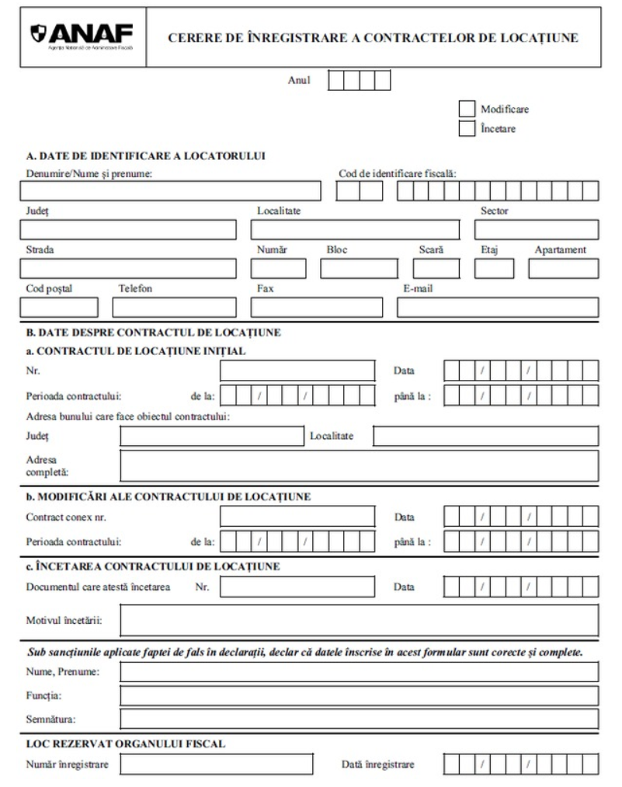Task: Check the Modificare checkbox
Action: click(x=467, y=110)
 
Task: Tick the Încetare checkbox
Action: click(x=467, y=129)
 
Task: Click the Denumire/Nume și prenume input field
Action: click(x=170, y=190)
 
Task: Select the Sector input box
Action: click(x=536, y=229)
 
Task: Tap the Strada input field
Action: click(x=128, y=269)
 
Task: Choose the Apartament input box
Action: click(x=563, y=269)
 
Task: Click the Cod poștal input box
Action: click(x=59, y=308)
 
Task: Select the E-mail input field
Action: click(x=497, y=308)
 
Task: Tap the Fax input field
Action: click(x=316, y=308)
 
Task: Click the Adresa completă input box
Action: click(x=359, y=465)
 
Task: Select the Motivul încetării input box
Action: click(x=359, y=620)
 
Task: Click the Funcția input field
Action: click(x=359, y=695)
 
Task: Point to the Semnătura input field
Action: click(x=359, y=719)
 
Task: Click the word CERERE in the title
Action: click(x=191, y=37)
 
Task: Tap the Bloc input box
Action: click(x=358, y=269)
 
